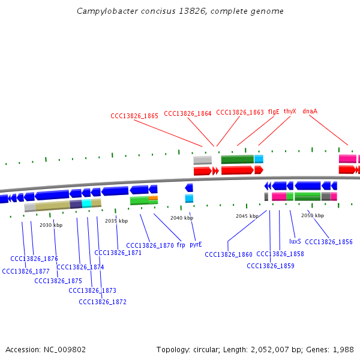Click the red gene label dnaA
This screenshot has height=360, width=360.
(x=310, y=111)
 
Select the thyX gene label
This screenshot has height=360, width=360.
(x=290, y=112)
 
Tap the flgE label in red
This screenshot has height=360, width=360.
(x=274, y=112)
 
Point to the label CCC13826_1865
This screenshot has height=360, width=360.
(x=134, y=116)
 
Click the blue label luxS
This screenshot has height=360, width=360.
(x=295, y=241)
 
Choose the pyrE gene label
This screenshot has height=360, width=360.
(x=196, y=245)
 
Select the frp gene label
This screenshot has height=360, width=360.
(x=181, y=245)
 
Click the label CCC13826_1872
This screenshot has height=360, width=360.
(x=103, y=302)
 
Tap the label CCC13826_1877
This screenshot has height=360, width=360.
(x=26, y=271)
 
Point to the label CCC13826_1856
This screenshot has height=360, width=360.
(x=329, y=242)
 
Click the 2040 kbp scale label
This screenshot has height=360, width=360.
(x=182, y=218)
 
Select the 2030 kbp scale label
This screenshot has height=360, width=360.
(x=51, y=225)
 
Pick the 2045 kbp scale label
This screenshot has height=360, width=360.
(x=247, y=216)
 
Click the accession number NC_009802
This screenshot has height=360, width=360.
(x=65, y=350)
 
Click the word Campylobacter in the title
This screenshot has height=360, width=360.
(x=107, y=11)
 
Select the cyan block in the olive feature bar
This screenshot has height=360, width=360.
(x=86, y=203)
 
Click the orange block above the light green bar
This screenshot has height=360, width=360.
(x=153, y=198)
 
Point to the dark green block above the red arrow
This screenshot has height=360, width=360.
(x=238, y=160)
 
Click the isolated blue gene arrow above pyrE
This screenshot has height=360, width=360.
(x=189, y=188)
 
